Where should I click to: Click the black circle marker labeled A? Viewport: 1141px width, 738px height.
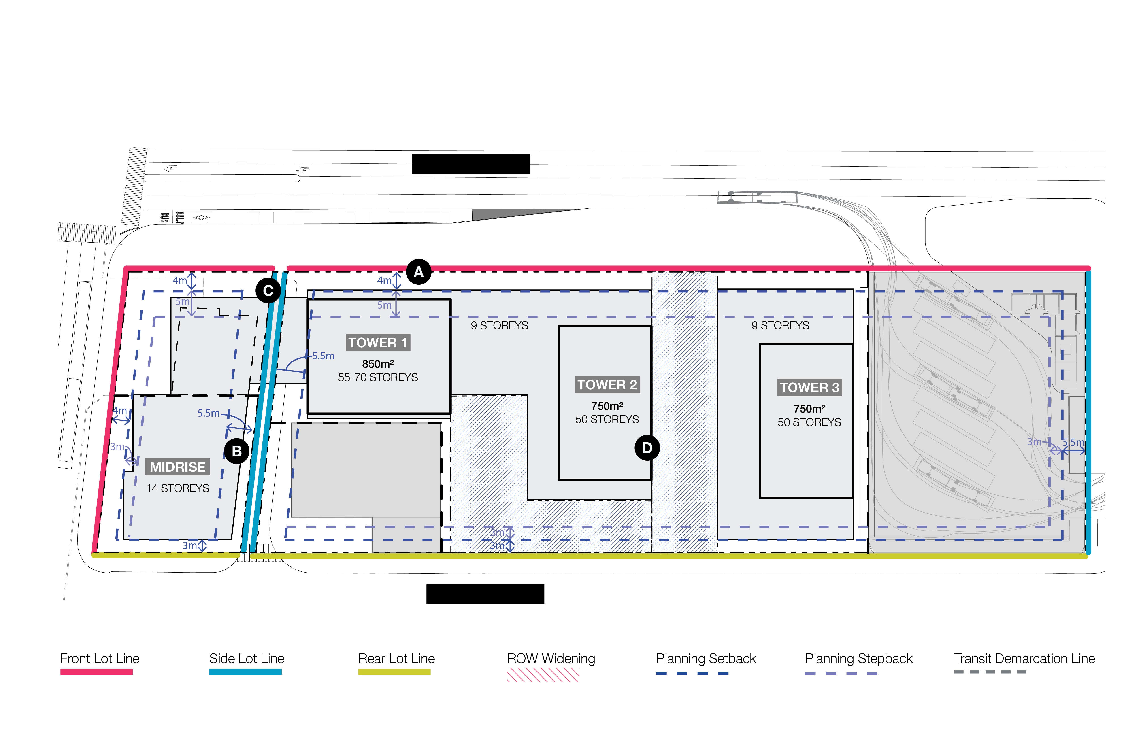[419, 272]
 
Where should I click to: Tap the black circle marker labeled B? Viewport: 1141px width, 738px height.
[236, 451]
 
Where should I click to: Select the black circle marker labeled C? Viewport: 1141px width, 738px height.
[268, 291]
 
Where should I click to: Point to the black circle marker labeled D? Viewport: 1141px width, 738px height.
[647, 447]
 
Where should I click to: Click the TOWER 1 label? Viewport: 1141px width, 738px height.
[378, 343]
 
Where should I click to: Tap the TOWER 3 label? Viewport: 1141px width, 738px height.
[809, 387]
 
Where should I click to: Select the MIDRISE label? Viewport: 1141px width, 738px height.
[177, 467]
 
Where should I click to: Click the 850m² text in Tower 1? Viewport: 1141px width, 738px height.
[378, 364]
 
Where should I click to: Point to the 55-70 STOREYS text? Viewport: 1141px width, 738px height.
[378, 378]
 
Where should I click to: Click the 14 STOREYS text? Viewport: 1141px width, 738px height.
[177, 488]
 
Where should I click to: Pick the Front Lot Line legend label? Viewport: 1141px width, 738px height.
[100, 658]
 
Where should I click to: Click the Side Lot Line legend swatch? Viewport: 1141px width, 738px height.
[245, 672]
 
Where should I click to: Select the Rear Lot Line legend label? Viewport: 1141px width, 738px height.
[396, 658]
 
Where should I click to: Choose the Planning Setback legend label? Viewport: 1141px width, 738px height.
[706, 658]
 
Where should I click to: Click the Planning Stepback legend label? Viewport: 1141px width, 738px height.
[859, 658]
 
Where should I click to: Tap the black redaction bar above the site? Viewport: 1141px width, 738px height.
[471, 164]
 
